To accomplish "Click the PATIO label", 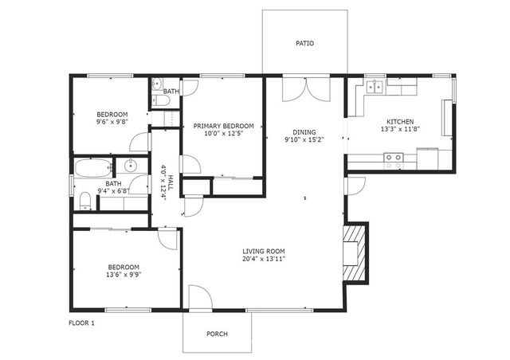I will (x=304, y=43).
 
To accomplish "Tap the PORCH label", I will (x=218, y=333).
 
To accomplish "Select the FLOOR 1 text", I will (x=82, y=323).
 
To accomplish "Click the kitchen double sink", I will (x=375, y=86).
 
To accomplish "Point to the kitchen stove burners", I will (x=394, y=158).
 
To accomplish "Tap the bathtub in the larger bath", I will (x=92, y=169).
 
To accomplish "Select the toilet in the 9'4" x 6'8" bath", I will (x=85, y=199).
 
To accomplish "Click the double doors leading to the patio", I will (x=304, y=88).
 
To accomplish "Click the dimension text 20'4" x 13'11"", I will (x=264, y=259).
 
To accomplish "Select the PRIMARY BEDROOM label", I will (x=224, y=126).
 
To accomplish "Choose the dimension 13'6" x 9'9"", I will (x=124, y=276).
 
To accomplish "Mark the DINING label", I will (x=304, y=132).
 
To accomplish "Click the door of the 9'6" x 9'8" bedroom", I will (x=140, y=143).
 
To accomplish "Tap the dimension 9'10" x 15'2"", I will (x=304, y=141).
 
